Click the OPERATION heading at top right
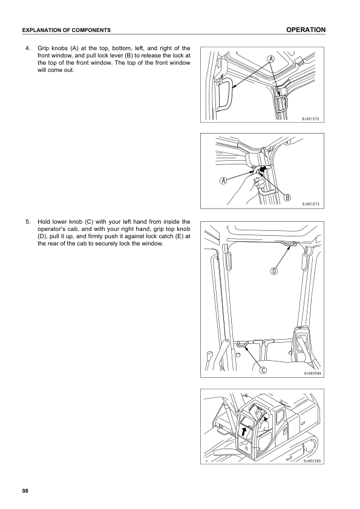coord(306,30)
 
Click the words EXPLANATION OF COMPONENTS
coord(66,30)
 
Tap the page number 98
coord(24,490)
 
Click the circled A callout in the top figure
coord(270,59)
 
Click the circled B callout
coord(287,197)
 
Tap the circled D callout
coord(274,271)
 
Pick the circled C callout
coord(264,371)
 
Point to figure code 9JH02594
coord(310,374)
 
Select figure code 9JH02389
coord(310,461)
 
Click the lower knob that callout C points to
coord(243,344)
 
